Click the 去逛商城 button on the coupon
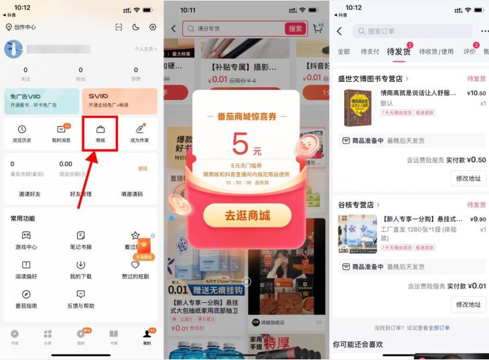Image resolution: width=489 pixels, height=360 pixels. (247, 215)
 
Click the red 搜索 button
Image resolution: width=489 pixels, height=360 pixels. (295, 29)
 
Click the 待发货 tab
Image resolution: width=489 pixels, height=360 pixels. (399, 51)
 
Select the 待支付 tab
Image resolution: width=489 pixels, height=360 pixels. (370, 52)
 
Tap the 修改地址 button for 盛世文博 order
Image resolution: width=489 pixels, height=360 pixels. (468, 178)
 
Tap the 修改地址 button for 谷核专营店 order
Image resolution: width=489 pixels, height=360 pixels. (468, 304)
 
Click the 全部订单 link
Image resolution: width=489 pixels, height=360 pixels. (439, 328)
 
